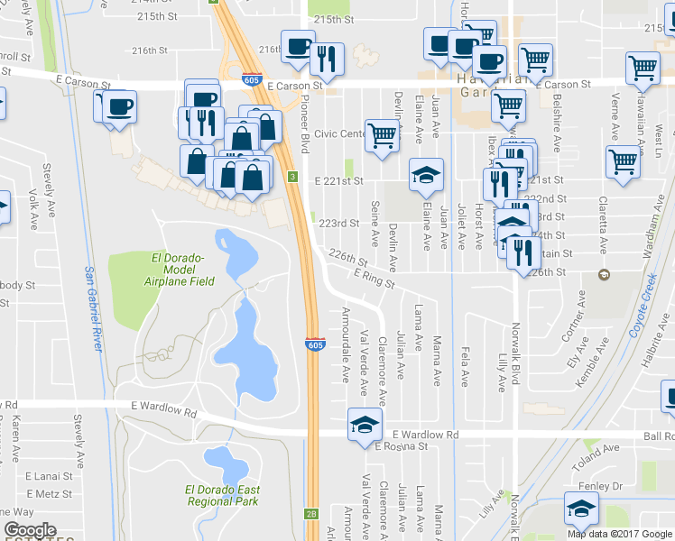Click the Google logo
point(30,530)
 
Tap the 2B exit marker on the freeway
point(311,514)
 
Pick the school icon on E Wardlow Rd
point(364,423)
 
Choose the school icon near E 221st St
point(426,174)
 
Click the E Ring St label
point(374,279)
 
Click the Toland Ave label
point(600,447)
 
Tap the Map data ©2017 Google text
point(619,533)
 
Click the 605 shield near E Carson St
point(254,79)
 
